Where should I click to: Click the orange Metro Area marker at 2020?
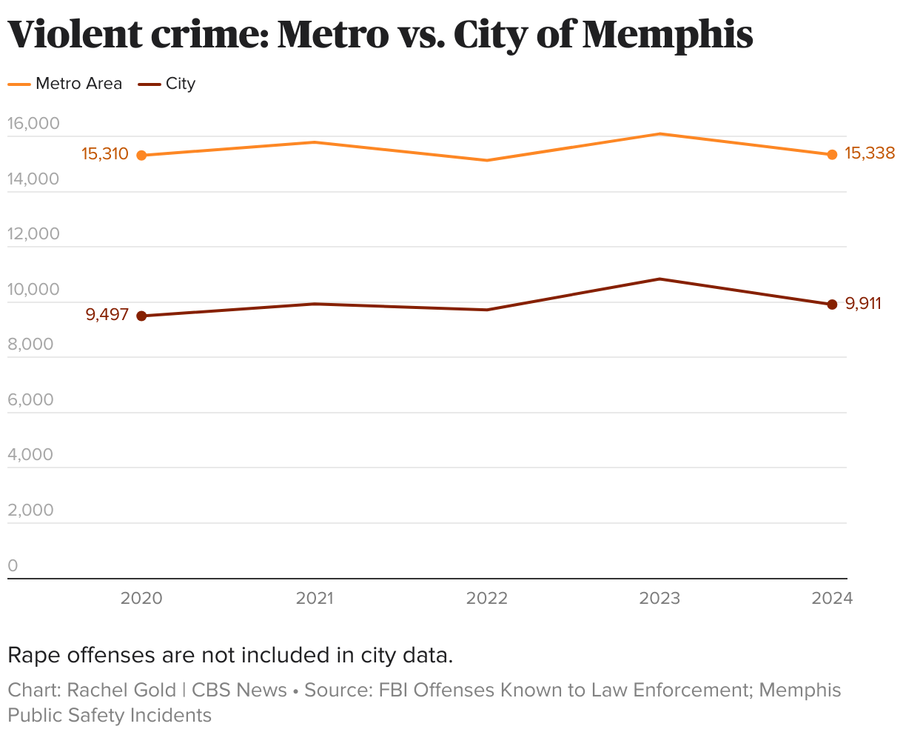tap(141, 156)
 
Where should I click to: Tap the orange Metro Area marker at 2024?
tap(832, 155)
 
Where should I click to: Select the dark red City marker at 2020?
tap(141, 316)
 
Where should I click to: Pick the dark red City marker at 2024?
tap(832, 305)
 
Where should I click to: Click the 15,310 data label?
tap(105, 154)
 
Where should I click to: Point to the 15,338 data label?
tap(870, 153)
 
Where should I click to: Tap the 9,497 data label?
tap(107, 315)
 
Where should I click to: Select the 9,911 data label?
tap(863, 303)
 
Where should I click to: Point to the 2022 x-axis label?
tap(487, 599)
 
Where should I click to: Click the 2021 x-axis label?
tap(315, 599)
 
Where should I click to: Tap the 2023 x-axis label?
tap(659, 599)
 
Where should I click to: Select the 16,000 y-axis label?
tap(33, 124)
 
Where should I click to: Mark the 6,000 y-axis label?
tap(31, 400)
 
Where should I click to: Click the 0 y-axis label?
tap(13, 566)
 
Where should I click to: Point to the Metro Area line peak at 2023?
tap(659, 134)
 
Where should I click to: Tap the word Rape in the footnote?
tap(33, 656)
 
